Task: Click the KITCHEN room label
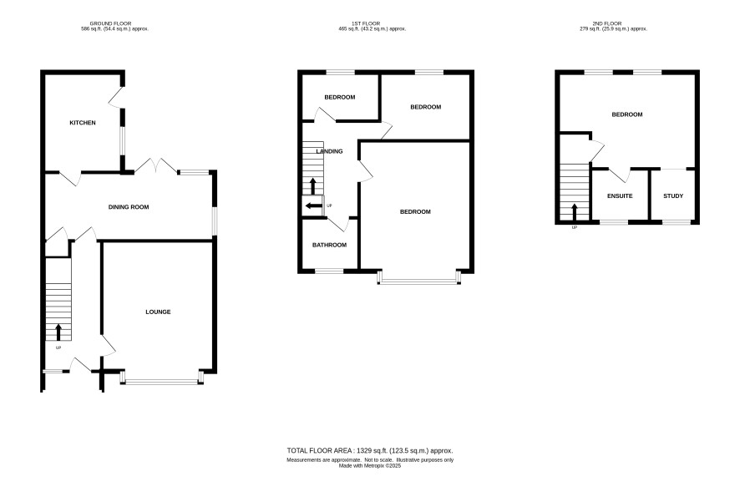pos(83,123)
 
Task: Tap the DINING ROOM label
pos(129,207)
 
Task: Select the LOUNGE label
pos(158,312)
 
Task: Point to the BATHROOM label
pos(329,245)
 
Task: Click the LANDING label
pos(329,151)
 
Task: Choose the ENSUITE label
pos(620,196)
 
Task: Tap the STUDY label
pos(673,196)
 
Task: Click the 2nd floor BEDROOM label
pos(627,114)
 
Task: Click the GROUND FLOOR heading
pos(110,23)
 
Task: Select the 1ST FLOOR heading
pos(366,23)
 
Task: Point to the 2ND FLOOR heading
pos(607,23)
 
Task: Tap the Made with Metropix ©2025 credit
pos(370,465)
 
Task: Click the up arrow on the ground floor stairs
pos(58,332)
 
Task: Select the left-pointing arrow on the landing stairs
pos(313,205)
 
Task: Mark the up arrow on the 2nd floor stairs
pos(575,212)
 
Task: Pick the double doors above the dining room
pos(156,165)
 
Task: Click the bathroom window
pos(329,271)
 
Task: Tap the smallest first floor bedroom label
pos(340,97)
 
